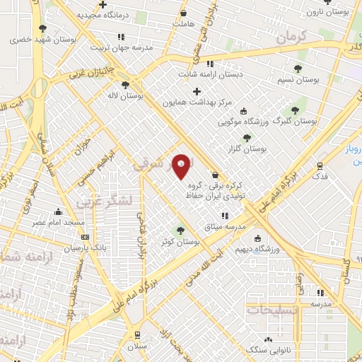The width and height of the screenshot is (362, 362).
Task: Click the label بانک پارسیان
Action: pos(84,248)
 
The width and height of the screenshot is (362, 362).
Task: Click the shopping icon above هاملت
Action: pos(184,13)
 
